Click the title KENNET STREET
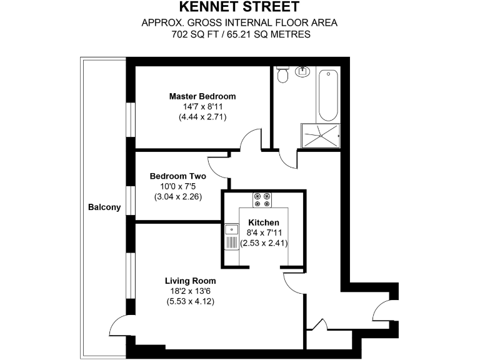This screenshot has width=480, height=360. click(x=239, y=7)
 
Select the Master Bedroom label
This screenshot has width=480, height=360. click(x=202, y=96)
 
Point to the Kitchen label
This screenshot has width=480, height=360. click(x=263, y=222)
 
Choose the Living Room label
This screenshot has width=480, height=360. click(x=190, y=281)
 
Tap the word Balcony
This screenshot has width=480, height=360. click(x=104, y=207)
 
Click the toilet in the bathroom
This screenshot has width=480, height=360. click(x=282, y=74)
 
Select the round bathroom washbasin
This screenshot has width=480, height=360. click(x=303, y=71)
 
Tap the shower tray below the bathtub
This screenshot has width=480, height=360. click(x=321, y=134)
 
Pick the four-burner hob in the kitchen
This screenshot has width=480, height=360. click(x=262, y=199)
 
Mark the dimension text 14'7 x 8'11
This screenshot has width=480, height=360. click(x=202, y=107)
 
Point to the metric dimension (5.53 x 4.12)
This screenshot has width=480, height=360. click(x=190, y=301)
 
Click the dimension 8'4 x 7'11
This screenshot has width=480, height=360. click(x=263, y=233)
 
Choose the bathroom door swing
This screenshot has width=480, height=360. click(x=288, y=158)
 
